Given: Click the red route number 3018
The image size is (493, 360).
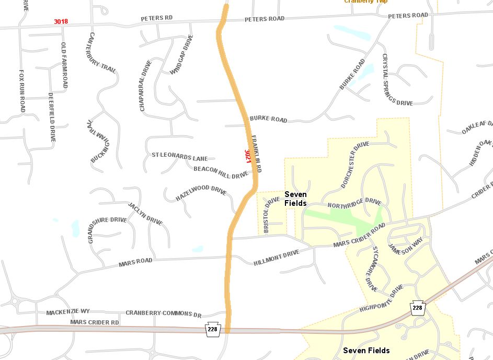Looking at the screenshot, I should click(61, 22).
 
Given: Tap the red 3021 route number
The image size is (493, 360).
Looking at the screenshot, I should click(248, 156).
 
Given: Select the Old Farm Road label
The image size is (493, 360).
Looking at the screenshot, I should click(64, 65).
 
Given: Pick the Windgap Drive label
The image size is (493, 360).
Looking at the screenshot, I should click(182, 54).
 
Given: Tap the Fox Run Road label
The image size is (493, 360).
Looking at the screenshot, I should click(22, 91).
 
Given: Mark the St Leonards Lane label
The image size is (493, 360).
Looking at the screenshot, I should click(179, 156).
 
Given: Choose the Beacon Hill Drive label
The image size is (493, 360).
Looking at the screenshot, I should click(221, 172).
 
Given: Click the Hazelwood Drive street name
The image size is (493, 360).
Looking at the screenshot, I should click(200, 192).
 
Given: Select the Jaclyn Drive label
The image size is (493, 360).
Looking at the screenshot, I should click(145, 214).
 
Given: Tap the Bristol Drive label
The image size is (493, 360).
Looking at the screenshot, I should click(268, 215).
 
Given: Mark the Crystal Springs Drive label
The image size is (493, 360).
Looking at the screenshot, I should click(397, 79).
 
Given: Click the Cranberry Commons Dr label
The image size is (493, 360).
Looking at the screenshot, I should click(163, 313).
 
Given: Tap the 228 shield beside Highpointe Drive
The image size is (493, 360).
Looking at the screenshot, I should click(417, 308).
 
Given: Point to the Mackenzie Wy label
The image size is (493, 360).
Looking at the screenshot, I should click(68, 312).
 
